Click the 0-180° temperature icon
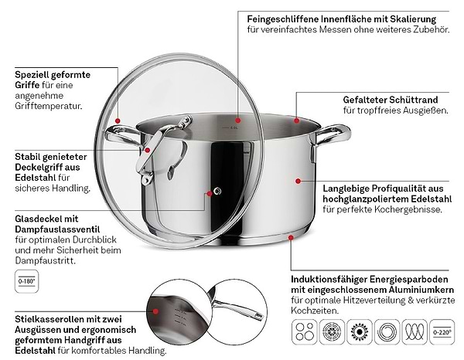tap(26, 281)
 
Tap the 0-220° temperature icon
tap(442, 332)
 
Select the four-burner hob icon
tap(305, 332)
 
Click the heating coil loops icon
tap(415, 332)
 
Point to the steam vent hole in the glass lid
tap(217, 191)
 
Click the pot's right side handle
tap(332, 138)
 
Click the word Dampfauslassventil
tap(57, 229)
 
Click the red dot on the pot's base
tap(292, 237)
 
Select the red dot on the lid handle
tap(148, 150)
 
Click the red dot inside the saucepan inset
tap(155, 311)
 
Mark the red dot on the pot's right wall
tap(298, 181)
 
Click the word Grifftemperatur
tap(48, 106)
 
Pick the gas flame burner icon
tap(360, 332)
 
